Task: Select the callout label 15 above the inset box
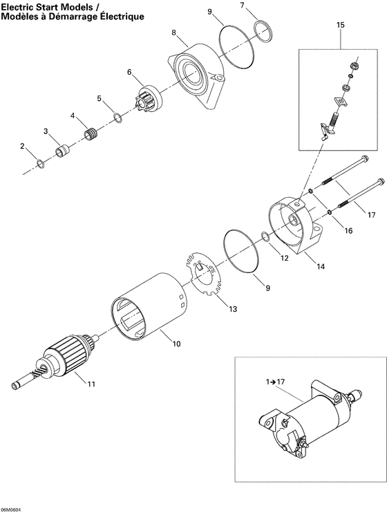click(x=339, y=25)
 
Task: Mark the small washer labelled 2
click(x=40, y=164)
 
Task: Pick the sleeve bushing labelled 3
click(x=63, y=149)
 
